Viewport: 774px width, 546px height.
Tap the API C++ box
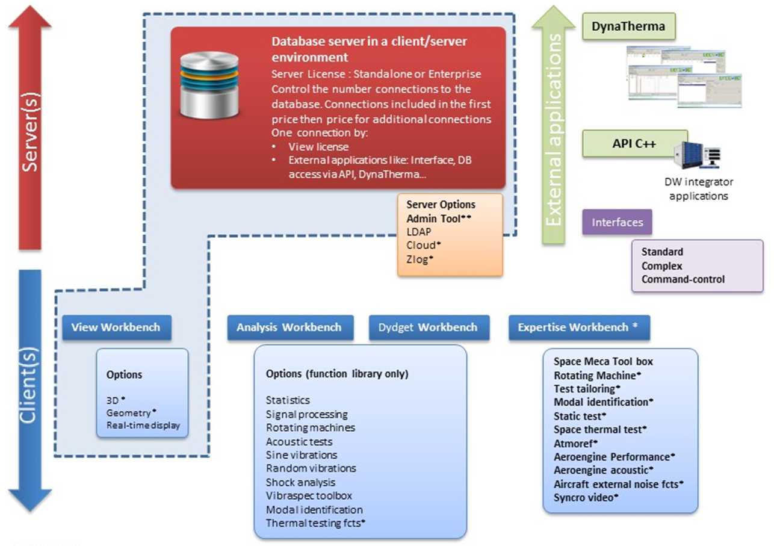click(634, 144)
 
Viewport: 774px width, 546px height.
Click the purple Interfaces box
click(617, 222)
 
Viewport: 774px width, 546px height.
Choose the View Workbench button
click(116, 327)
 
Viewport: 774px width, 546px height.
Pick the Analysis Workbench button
click(289, 327)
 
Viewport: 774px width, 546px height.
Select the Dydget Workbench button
click(428, 327)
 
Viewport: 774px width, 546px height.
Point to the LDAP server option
click(419, 232)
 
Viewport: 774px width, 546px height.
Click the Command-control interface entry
click(683, 279)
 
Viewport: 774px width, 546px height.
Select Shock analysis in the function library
click(300, 482)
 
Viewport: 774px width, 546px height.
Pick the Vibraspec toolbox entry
click(309, 496)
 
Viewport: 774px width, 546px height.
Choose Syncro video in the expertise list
click(585, 497)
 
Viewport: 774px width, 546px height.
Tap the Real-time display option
click(143, 426)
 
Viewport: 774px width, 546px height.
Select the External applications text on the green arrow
click(554, 129)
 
